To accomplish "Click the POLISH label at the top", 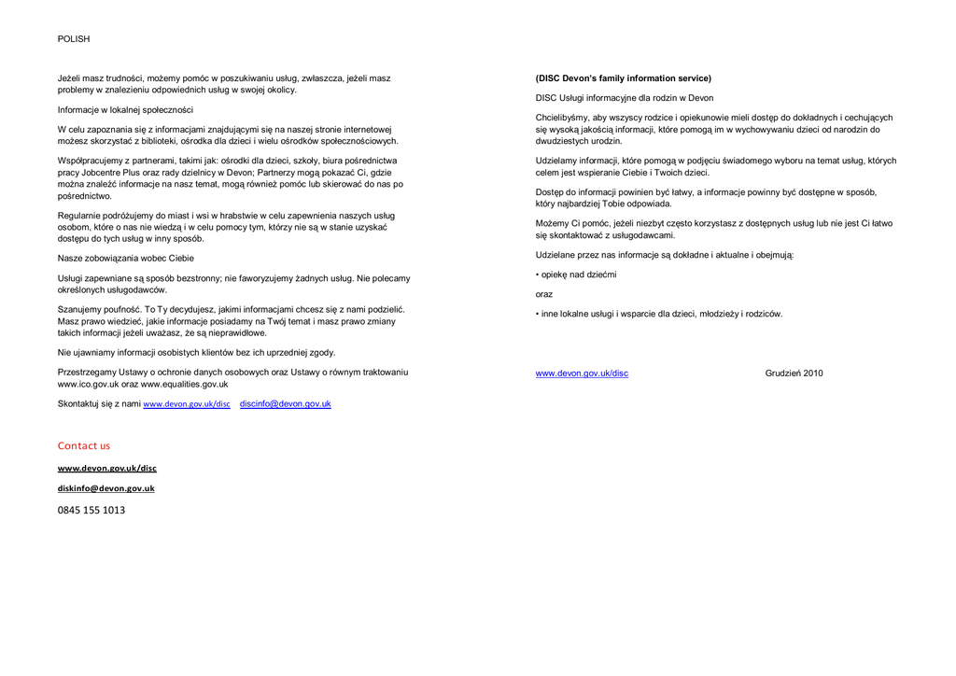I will click(74, 39).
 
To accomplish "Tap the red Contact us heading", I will click(84, 445).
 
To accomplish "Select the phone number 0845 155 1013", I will click(91, 510).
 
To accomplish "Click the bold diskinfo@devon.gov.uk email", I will click(106, 488).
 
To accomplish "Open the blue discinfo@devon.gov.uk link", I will click(285, 403).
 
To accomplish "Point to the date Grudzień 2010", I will click(794, 373).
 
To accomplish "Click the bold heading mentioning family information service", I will click(623, 78).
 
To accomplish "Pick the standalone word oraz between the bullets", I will click(544, 294).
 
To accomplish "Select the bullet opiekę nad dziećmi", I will click(578, 275).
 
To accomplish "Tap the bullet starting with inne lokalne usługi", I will click(661, 314).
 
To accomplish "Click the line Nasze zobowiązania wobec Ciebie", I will click(126, 258).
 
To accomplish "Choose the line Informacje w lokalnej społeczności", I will click(125, 109).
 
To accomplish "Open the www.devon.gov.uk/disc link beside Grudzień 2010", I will click(582, 373).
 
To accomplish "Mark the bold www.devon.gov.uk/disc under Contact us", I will click(107, 468).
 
